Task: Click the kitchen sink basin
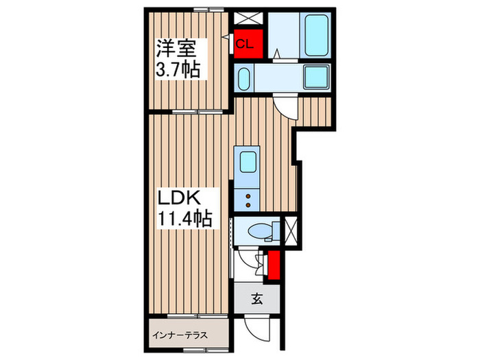pyautogui.click(x=247, y=163)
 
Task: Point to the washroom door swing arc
pyautogui.click(x=284, y=105)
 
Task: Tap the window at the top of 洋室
pyautogui.click(x=210, y=9)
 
